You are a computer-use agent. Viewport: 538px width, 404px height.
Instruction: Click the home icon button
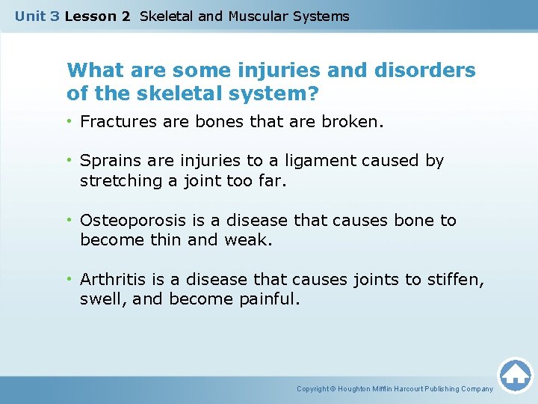point(515,375)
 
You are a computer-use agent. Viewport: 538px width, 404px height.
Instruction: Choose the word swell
point(100,299)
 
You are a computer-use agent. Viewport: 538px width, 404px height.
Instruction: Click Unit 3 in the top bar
point(37,16)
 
